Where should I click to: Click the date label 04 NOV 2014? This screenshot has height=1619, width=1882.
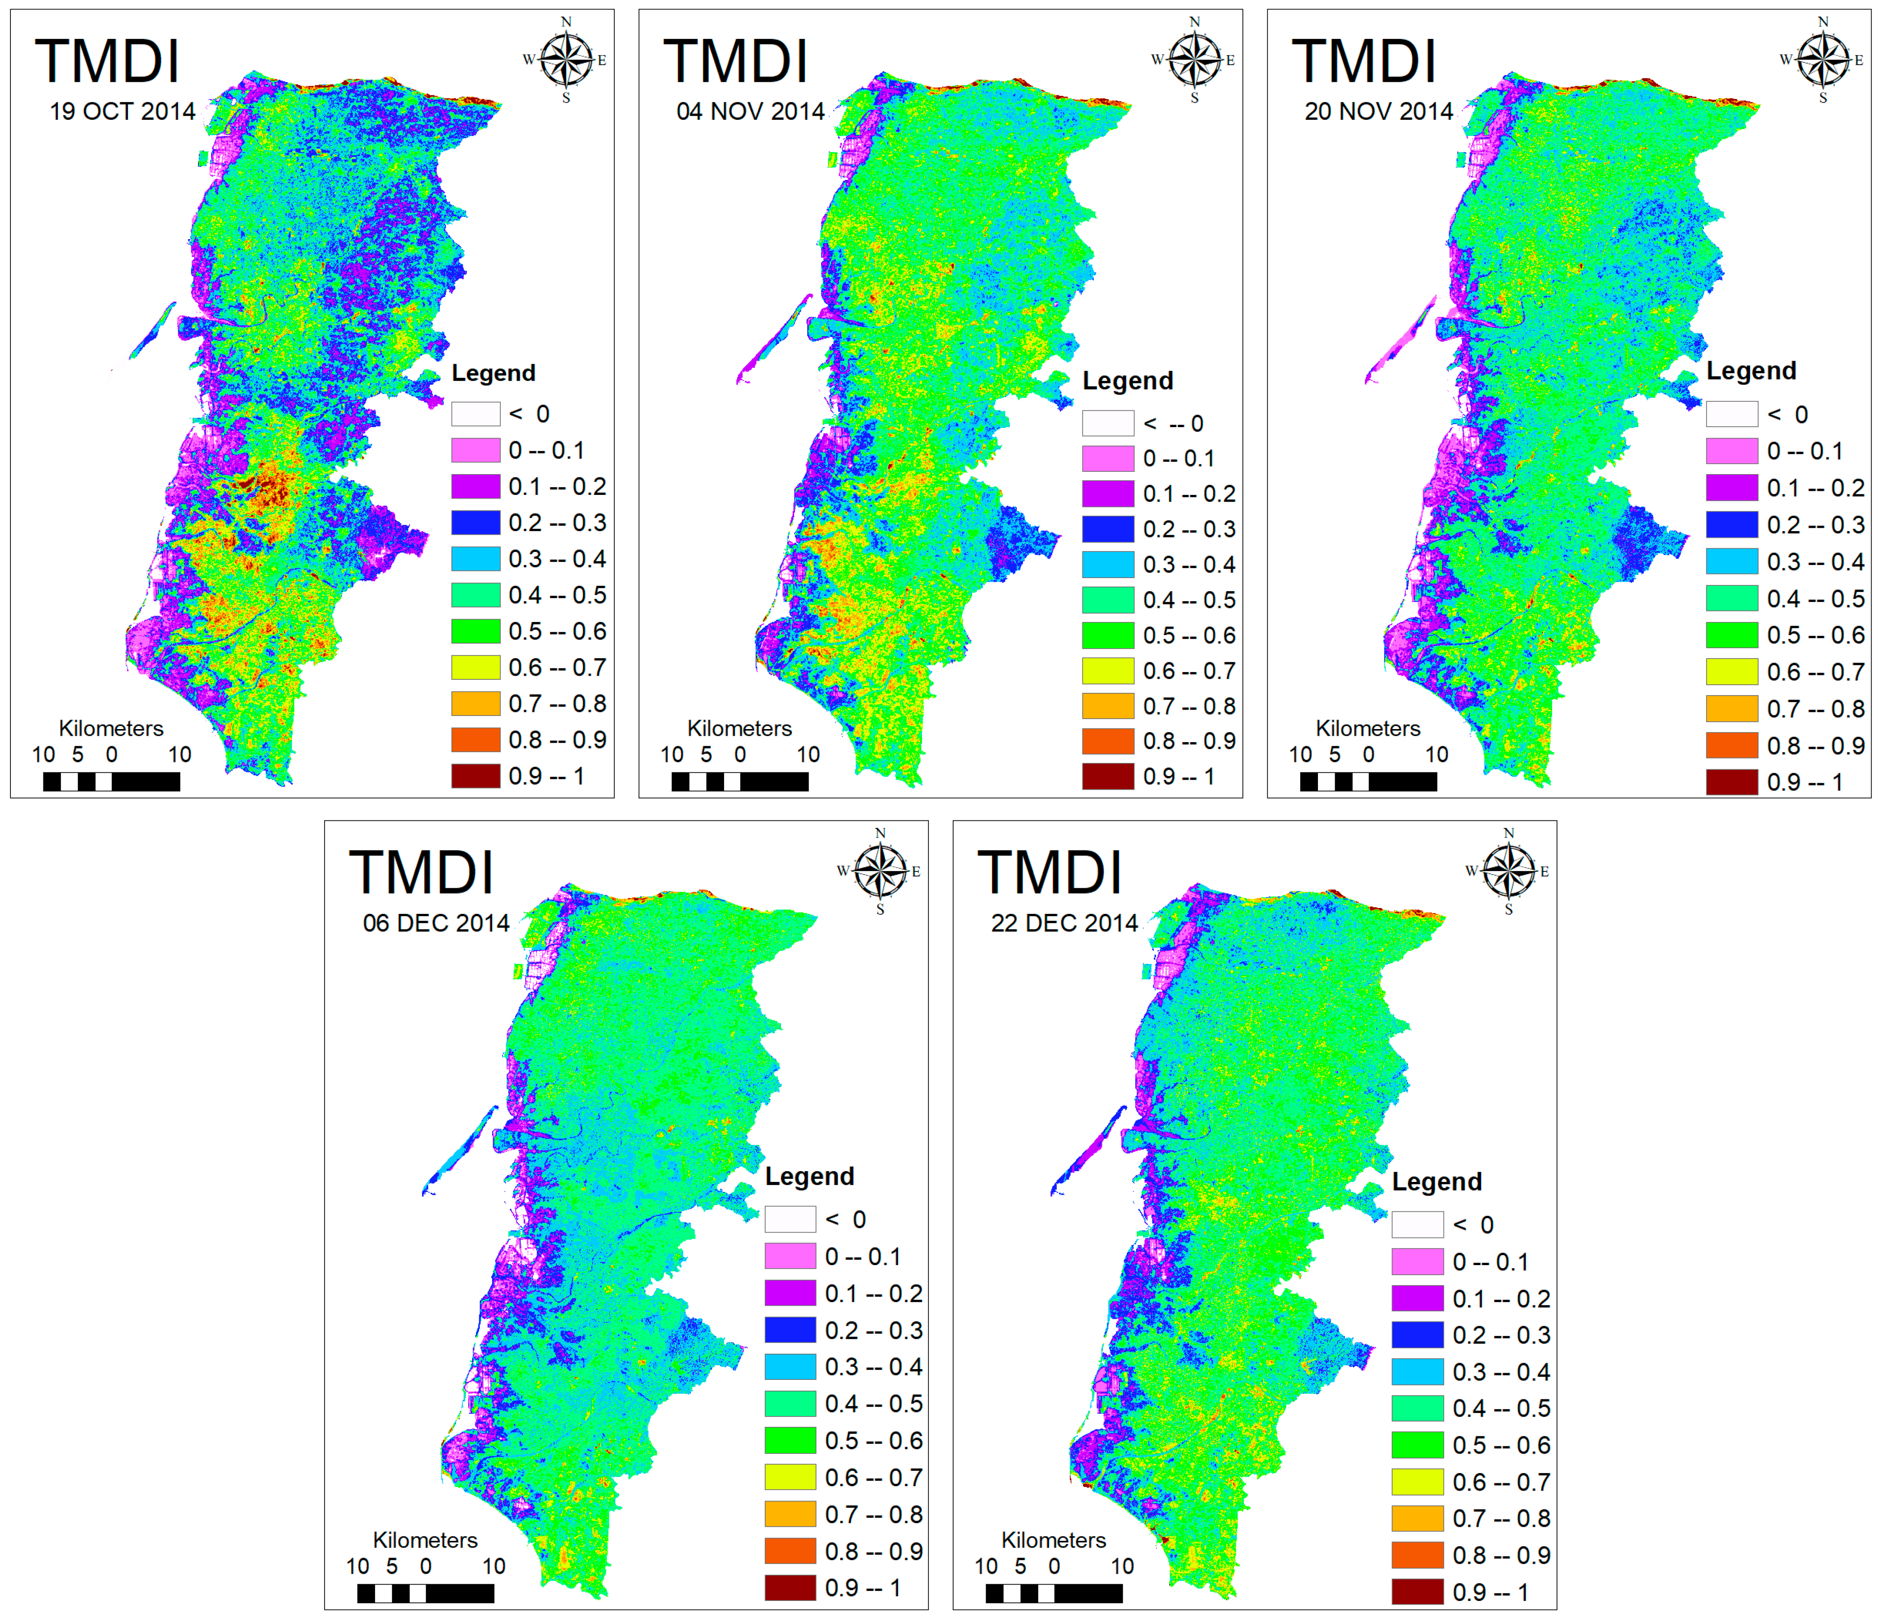pos(750,112)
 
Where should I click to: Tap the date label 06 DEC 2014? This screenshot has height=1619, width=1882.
pos(436,923)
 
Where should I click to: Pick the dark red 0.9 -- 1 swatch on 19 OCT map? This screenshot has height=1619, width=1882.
pos(476,776)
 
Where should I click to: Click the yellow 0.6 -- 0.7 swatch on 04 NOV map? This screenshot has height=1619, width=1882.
pos(1107,670)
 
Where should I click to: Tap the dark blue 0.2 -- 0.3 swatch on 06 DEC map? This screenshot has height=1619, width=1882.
pos(789,1330)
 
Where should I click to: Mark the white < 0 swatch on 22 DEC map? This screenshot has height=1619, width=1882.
pos(1417,1225)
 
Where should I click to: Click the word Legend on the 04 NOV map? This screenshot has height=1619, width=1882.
pos(1127,381)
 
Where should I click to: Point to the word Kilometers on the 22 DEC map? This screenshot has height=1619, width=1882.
pos(1054,1540)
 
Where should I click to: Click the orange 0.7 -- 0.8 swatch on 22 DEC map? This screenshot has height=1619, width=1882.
pos(1417,1518)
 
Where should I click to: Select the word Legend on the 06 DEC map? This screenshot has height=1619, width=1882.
pos(809,1177)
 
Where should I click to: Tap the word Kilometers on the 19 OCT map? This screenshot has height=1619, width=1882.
pos(111,729)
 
